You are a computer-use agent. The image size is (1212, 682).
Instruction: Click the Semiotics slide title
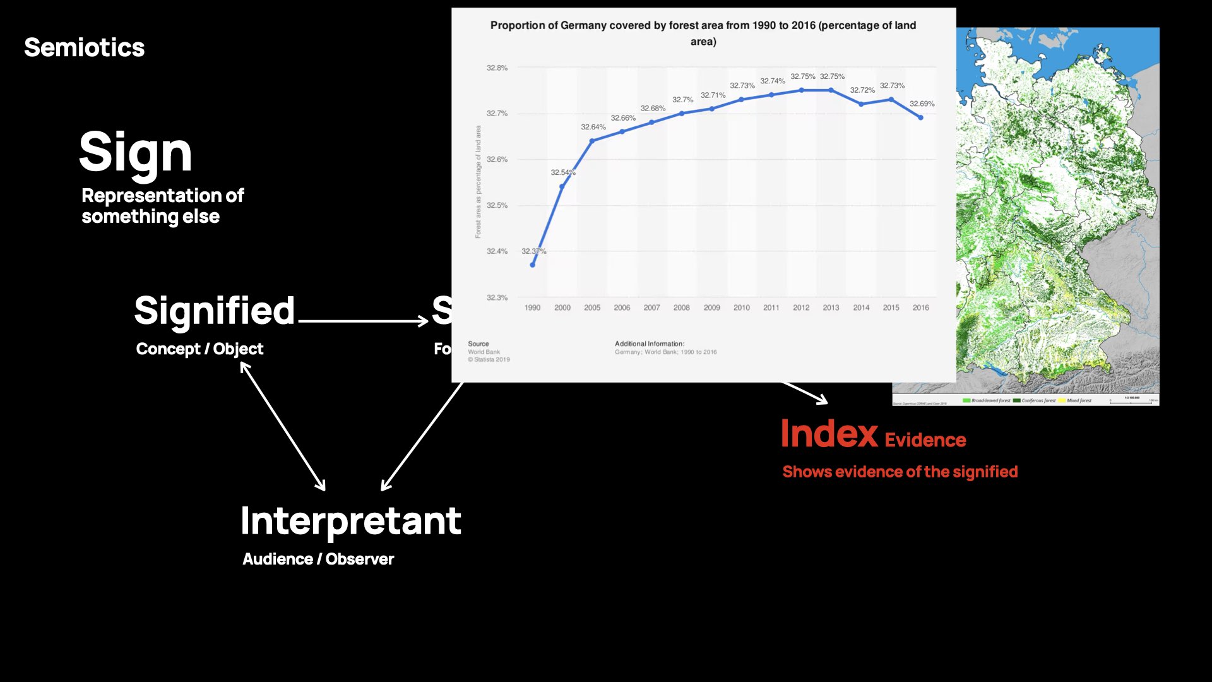tap(84, 48)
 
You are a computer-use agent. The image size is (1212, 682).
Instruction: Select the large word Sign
tap(135, 153)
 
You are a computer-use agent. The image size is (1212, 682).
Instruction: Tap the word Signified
tap(214, 311)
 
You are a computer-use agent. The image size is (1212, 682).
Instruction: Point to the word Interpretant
tap(350, 521)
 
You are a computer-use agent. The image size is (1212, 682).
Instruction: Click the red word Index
tap(829, 434)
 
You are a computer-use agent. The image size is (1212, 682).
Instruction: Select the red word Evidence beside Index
tap(925, 440)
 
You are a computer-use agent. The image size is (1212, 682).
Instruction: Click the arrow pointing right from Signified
tap(363, 321)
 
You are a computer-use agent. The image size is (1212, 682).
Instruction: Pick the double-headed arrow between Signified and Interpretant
tap(283, 428)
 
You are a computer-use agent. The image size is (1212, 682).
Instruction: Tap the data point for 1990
tap(532, 265)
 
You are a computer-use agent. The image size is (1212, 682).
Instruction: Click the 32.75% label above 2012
tap(802, 76)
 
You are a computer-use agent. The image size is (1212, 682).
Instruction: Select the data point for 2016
tap(920, 117)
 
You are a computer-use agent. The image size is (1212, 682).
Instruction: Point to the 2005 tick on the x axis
tap(592, 308)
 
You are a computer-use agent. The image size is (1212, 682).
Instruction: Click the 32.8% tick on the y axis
tap(497, 68)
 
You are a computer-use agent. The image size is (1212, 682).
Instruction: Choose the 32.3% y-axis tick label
tap(497, 297)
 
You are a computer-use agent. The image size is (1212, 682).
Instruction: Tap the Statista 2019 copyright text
tap(489, 360)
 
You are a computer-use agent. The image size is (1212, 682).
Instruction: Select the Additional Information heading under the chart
tap(649, 344)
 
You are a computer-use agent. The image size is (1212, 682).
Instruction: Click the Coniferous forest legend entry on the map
tap(1035, 400)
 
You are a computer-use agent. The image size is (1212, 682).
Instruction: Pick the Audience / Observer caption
tap(318, 559)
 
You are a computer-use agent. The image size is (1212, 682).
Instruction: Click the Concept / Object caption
tap(199, 349)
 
